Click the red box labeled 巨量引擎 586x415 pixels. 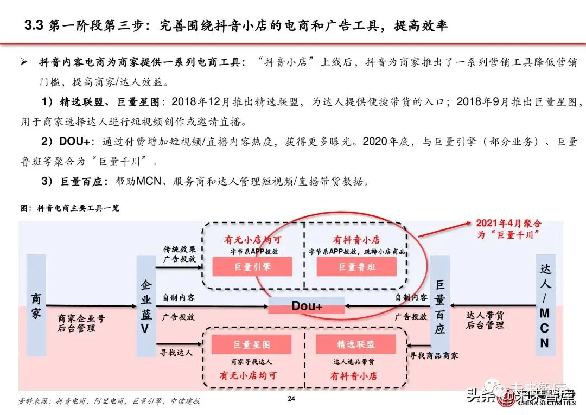(x=252, y=266)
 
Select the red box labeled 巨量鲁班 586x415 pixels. (x=356, y=266)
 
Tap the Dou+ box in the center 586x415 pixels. (x=307, y=306)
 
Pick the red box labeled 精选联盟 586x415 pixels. (x=356, y=344)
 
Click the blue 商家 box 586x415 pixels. (x=36, y=305)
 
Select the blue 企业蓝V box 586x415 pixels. (x=145, y=305)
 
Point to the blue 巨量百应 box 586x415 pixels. (x=439, y=305)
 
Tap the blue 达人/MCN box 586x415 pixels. (x=545, y=305)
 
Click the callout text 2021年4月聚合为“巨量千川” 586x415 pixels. (x=508, y=229)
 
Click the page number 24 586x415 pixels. (x=291, y=399)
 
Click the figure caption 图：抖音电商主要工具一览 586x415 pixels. (x=69, y=208)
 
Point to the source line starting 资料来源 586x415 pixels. (x=109, y=401)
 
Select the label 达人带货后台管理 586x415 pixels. (x=486, y=320)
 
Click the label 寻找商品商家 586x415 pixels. (x=434, y=355)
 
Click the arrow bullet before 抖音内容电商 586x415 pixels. (x=24, y=63)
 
